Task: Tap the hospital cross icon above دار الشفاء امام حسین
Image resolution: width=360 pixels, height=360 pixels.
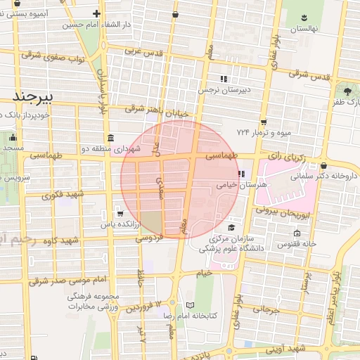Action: [x=96, y=13]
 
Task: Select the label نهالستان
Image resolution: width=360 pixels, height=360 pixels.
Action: [x=305, y=29]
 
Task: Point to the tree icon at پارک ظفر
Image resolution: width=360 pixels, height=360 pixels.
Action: [x=347, y=91]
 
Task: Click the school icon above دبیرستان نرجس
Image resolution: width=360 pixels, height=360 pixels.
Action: [x=224, y=79]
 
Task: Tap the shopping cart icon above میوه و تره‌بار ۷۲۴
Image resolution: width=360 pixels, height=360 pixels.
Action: [x=263, y=121]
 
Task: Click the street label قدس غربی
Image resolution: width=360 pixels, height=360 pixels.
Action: [x=143, y=52]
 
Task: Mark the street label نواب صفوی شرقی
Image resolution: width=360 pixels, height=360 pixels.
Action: [x=53, y=56]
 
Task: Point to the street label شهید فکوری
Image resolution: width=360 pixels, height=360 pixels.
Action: [x=63, y=194]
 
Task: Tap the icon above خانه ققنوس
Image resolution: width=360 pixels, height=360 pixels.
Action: [x=296, y=233]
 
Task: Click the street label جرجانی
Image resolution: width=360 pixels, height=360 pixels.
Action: [x=266, y=309]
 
